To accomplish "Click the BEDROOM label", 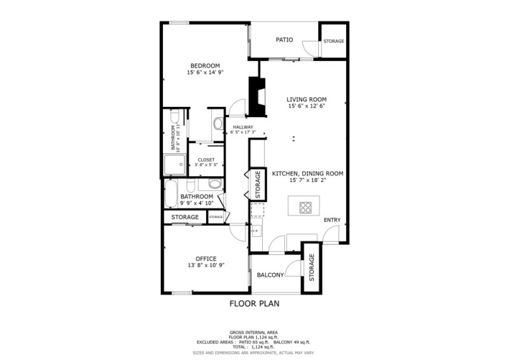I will [x=205, y=66].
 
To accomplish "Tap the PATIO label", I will [x=284, y=40].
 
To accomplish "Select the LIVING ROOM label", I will [x=306, y=99].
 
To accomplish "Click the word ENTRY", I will [x=331, y=220].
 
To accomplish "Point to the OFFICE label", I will [x=206, y=258].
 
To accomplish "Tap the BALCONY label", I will [x=270, y=275].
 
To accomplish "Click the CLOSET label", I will [x=206, y=160].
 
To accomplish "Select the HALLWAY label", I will [x=242, y=127].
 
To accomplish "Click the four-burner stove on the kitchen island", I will [x=305, y=207].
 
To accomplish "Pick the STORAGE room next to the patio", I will [x=333, y=41].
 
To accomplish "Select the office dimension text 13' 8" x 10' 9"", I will [x=206, y=265].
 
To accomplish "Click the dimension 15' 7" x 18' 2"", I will [x=308, y=181].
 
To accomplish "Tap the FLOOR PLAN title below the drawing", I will [x=254, y=304].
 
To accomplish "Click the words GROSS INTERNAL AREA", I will [x=254, y=333].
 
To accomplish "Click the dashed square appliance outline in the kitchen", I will [x=257, y=210].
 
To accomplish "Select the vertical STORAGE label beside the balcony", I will [x=312, y=268].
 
